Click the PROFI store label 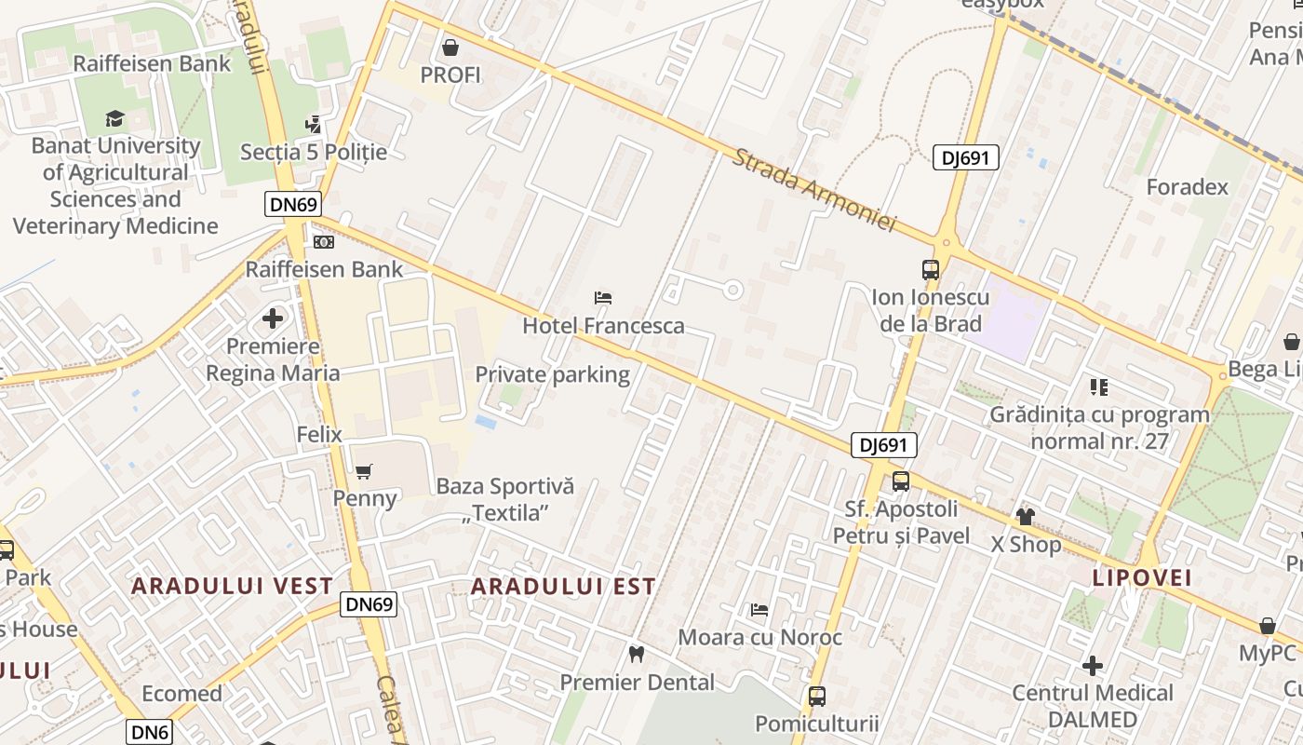click(450, 74)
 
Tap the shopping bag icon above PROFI click(450, 47)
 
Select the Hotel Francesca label click(603, 326)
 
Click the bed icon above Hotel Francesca click(603, 299)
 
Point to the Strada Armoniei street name click(813, 190)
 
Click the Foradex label click(1187, 187)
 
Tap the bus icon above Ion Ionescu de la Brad click(930, 270)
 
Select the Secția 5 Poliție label click(314, 152)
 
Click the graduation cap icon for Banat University click(115, 118)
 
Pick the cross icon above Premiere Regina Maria click(273, 318)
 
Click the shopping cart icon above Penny click(364, 472)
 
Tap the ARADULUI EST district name click(563, 586)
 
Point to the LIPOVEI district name click(1142, 577)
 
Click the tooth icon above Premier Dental click(637, 655)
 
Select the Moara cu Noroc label click(759, 638)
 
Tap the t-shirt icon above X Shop click(1026, 517)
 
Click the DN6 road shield click(151, 732)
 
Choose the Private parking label click(553, 374)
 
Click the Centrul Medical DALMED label click(1093, 706)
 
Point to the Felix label click(319, 435)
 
